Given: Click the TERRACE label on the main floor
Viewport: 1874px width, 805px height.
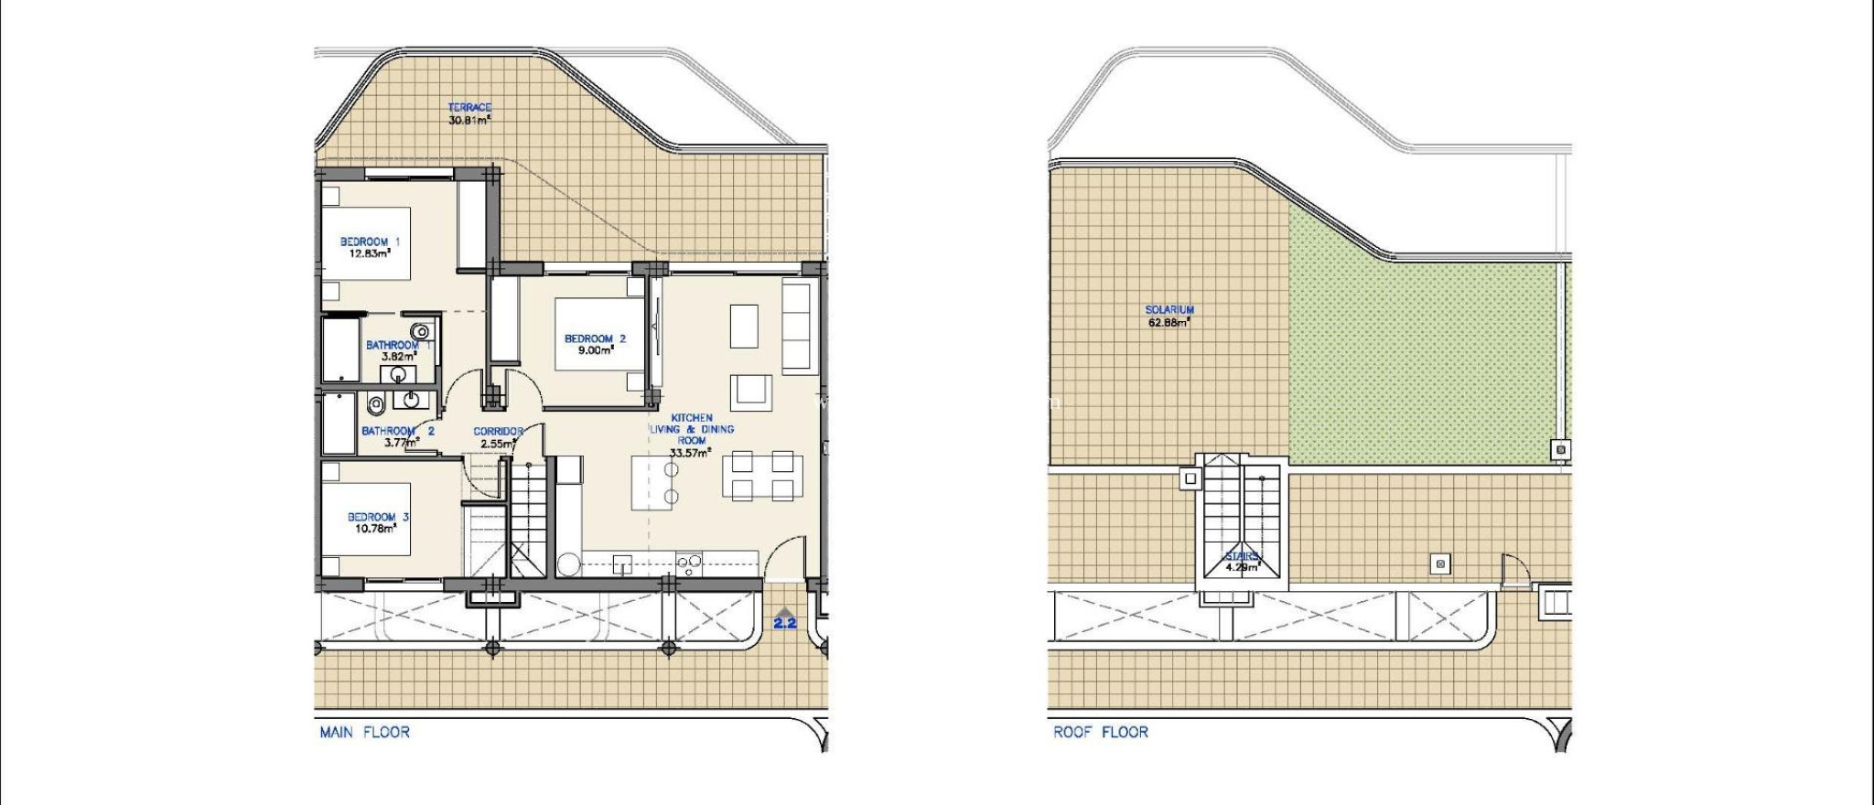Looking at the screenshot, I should point(469,107).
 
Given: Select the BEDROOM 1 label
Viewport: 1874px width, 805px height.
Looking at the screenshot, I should point(370,241).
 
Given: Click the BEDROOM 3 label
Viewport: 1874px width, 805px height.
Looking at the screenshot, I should point(378,517).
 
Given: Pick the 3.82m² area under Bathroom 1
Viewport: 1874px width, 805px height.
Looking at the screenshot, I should point(399,357).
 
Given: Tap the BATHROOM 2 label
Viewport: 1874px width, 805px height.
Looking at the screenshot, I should point(398,431).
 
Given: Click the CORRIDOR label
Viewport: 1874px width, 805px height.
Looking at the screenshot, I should point(498,432).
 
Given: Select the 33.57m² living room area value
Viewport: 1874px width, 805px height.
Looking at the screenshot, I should point(691,453).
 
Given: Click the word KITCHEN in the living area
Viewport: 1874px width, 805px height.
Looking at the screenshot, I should point(692,418).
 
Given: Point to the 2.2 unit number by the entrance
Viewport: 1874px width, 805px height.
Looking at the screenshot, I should point(785,624).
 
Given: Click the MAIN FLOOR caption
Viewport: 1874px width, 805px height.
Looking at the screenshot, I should point(364,732).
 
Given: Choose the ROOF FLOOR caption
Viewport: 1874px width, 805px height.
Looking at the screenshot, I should point(1100,732).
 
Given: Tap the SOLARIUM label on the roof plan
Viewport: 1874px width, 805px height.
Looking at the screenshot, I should point(1169,310).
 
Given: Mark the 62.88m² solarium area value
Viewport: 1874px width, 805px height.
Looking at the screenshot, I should point(1169,322).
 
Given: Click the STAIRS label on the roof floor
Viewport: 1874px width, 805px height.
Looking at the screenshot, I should point(1242,555).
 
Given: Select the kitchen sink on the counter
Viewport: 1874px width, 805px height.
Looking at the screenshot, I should point(624,563).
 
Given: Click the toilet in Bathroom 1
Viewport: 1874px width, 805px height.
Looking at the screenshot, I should point(421,331).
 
